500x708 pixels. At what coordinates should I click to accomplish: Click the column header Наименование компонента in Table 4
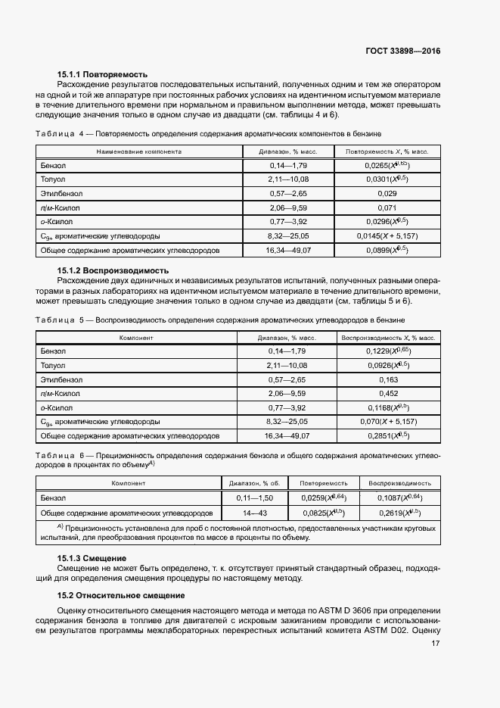tap(138, 151)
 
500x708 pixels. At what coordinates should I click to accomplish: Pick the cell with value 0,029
tap(387, 193)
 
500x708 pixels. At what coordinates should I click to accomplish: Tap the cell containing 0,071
tap(387, 207)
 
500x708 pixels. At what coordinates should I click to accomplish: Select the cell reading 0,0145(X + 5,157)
tap(387, 235)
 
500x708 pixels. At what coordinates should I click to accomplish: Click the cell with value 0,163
tap(387, 379)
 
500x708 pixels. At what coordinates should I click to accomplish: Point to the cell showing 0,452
tap(387, 394)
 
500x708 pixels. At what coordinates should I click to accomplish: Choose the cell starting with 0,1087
tap(399, 498)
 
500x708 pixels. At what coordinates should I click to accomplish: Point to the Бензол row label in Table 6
tap(54, 498)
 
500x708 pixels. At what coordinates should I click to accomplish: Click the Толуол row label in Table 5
tap(54, 366)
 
